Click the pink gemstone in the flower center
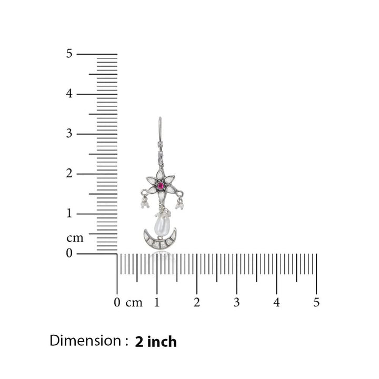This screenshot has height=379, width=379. (x=160, y=186)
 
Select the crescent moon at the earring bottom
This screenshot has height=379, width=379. (x=160, y=240)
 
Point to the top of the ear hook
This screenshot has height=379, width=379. (x=160, y=117)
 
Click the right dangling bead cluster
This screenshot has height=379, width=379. (x=179, y=204)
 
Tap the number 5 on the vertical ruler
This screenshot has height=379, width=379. (x=69, y=53)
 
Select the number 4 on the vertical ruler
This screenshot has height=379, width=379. (x=69, y=93)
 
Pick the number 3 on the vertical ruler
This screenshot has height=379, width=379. (x=69, y=133)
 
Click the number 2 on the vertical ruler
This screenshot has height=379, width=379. (x=69, y=173)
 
